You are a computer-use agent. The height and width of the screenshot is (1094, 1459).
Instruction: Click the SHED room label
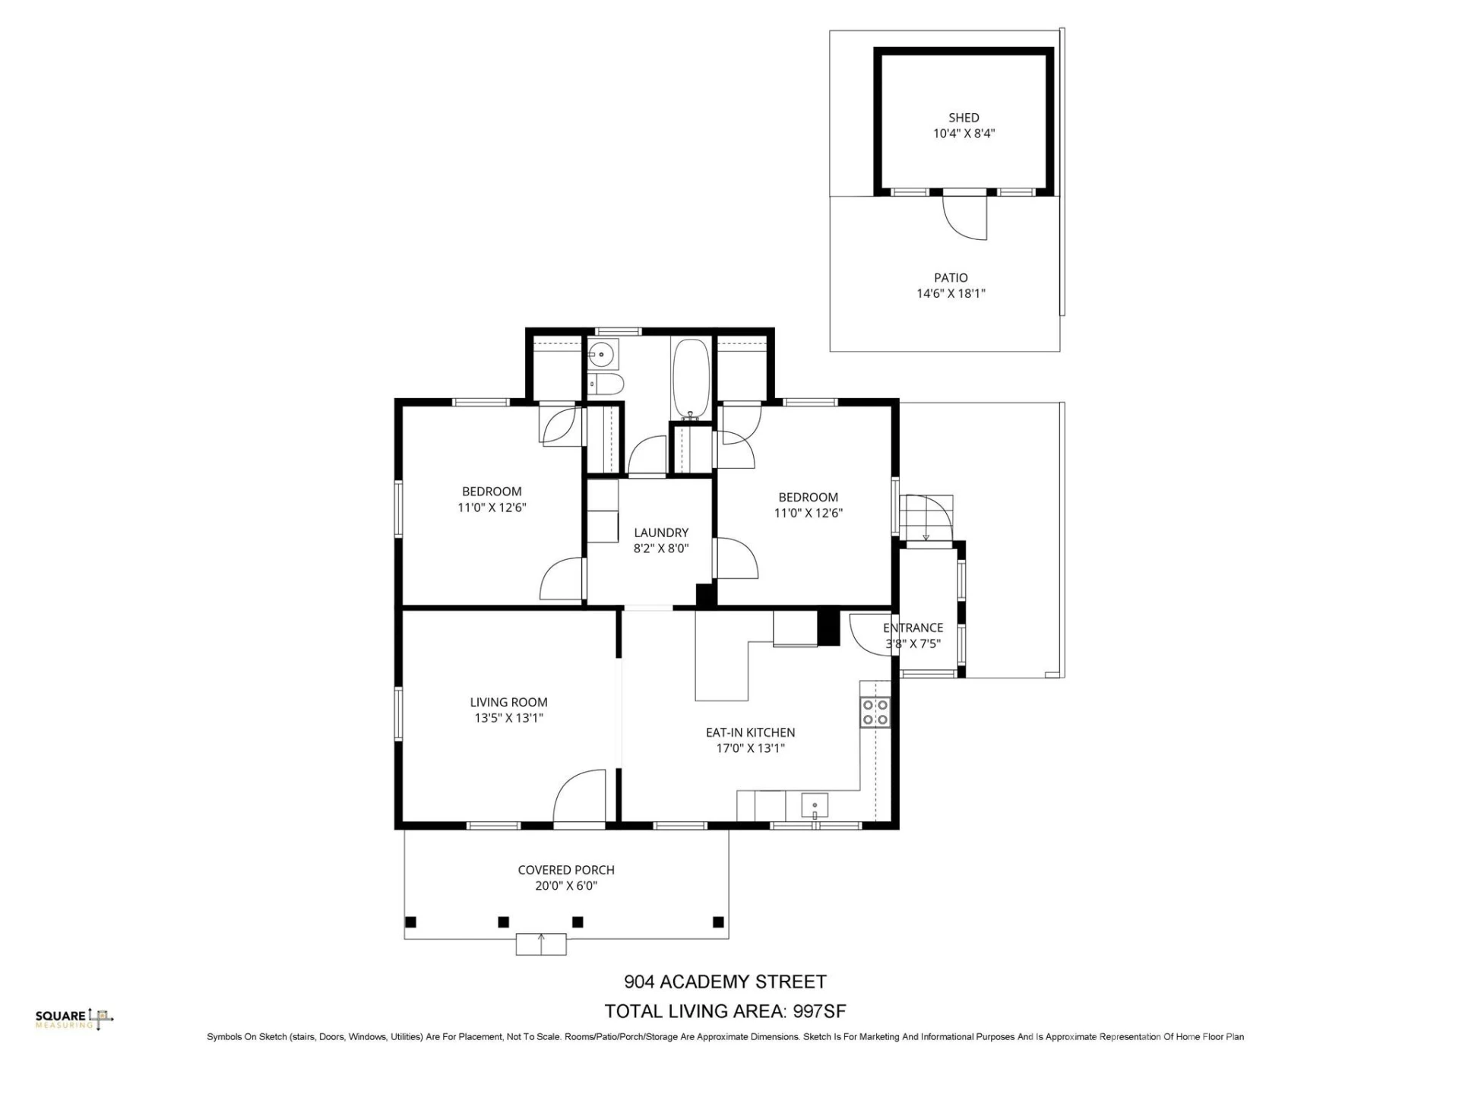pyautogui.click(x=964, y=118)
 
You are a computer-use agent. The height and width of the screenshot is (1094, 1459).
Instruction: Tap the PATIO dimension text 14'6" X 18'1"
pyautogui.click(x=951, y=293)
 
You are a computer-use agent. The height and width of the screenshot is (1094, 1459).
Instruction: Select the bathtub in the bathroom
pyautogui.click(x=691, y=378)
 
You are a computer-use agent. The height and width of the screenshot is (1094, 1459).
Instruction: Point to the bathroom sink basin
pyautogui.click(x=602, y=354)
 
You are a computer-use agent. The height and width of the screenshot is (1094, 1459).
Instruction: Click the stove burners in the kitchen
pyautogui.click(x=875, y=713)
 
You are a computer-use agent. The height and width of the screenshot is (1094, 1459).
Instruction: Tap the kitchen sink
pyautogui.click(x=815, y=805)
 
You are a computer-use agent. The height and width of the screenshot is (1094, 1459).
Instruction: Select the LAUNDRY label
pyautogui.click(x=661, y=533)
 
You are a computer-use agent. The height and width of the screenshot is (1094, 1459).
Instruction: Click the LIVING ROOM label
pyautogui.click(x=508, y=703)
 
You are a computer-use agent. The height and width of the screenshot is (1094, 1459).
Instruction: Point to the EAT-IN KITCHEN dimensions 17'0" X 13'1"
pyautogui.click(x=750, y=748)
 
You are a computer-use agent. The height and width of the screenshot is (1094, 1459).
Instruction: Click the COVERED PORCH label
pyautogui.click(x=566, y=870)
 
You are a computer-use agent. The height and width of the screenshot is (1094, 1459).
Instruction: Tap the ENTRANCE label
pyautogui.click(x=913, y=628)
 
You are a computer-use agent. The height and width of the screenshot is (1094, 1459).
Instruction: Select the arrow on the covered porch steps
pyautogui.click(x=541, y=944)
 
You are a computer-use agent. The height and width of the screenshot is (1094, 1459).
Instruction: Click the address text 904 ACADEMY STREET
pyautogui.click(x=725, y=982)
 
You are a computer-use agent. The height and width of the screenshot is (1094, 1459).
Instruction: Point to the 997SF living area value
pyautogui.click(x=819, y=1011)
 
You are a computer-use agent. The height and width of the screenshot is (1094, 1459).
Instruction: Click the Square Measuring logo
pyautogui.click(x=74, y=1019)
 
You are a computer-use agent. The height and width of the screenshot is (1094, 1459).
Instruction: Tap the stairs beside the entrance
pyautogui.click(x=926, y=517)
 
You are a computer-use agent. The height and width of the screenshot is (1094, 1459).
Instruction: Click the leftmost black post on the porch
pyautogui.click(x=410, y=922)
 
